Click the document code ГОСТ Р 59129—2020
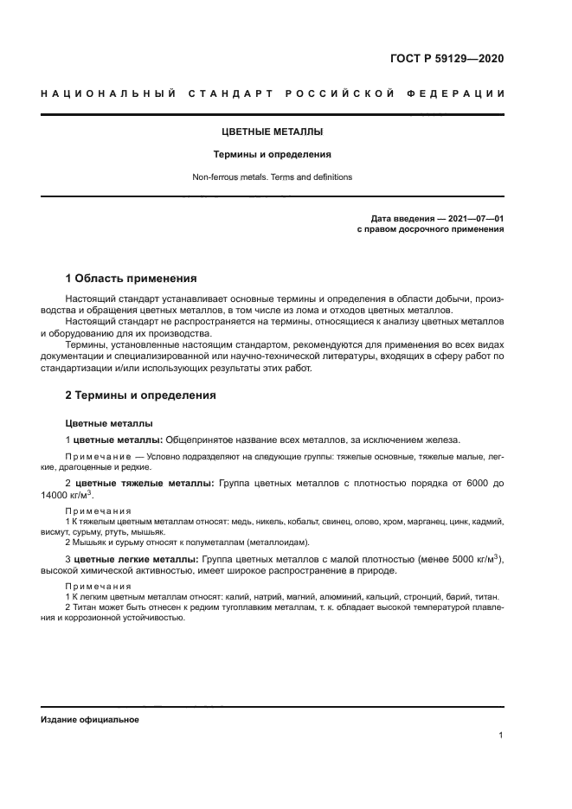(x=447, y=59)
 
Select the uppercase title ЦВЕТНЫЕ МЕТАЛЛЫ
(x=273, y=132)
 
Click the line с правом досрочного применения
(x=430, y=230)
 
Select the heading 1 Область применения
(x=132, y=279)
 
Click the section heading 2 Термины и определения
(x=141, y=395)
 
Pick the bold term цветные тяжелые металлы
(x=145, y=483)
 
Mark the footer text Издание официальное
(x=89, y=720)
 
